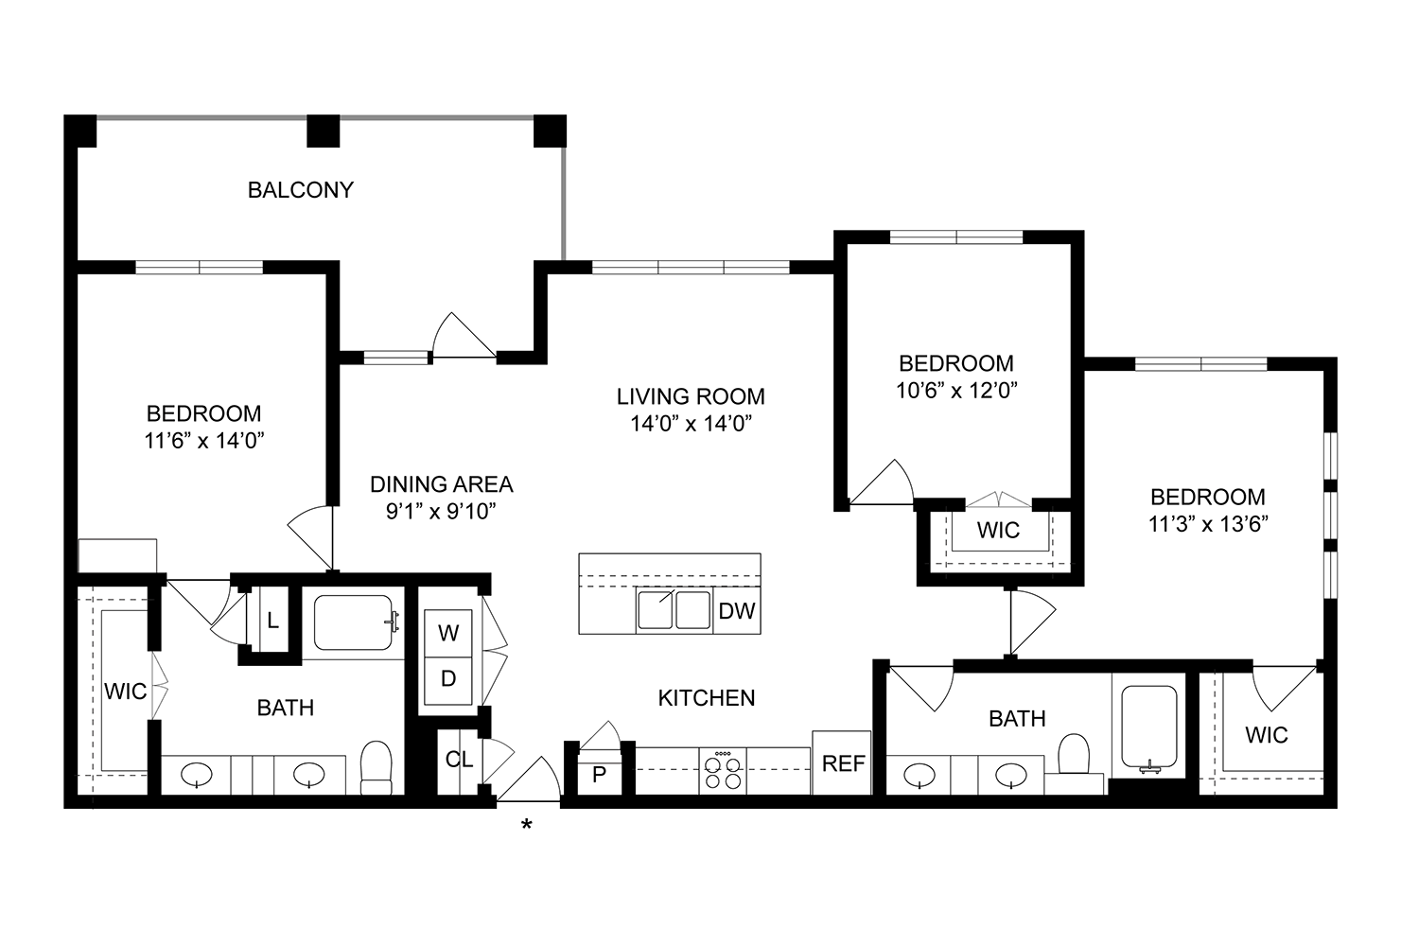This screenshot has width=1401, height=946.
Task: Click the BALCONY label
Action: click(300, 190)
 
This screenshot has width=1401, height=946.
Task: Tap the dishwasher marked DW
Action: click(736, 611)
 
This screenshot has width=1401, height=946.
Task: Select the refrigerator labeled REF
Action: click(842, 763)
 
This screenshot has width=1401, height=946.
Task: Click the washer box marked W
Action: click(448, 633)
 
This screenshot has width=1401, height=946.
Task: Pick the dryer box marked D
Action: click(448, 678)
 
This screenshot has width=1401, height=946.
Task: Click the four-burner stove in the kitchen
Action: click(724, 770)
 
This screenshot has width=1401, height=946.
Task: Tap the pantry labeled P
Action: click(598, 775)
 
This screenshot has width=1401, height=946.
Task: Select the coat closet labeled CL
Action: click(459, 760)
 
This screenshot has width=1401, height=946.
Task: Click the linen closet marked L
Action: click(272, 622)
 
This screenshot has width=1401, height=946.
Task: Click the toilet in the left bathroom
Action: click(377, 767)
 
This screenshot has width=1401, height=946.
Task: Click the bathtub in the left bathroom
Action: click(353, 622)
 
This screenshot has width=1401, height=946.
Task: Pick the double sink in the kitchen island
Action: click(674, 610)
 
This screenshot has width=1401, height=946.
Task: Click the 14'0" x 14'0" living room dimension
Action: click(691, 423)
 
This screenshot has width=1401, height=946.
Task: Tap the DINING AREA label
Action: click(441, 484)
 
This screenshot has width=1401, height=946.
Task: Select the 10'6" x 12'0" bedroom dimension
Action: click(955, 390)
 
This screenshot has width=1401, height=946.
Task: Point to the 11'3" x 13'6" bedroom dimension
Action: click(1207, 524)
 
